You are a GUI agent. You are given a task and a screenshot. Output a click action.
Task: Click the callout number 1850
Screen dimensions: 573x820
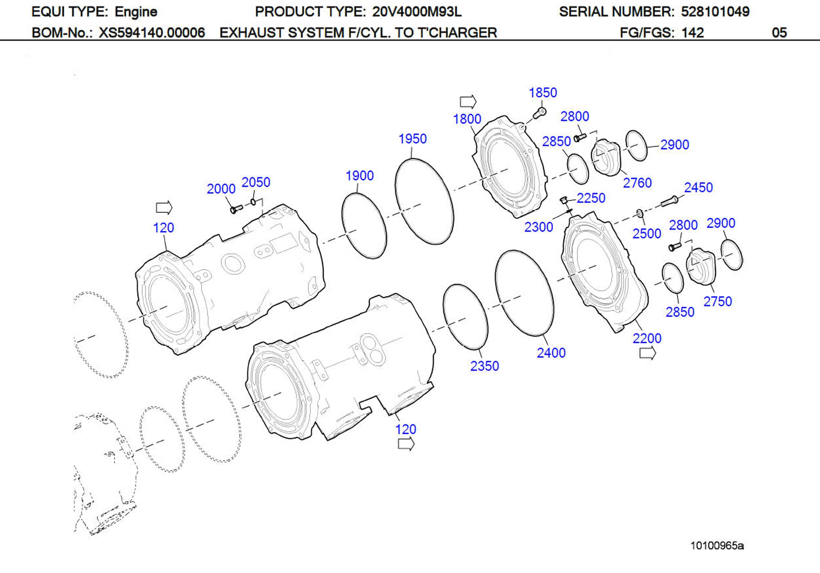(x=543, y=93)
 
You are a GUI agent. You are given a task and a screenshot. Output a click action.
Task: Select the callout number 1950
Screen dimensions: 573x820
(x=413, y=139)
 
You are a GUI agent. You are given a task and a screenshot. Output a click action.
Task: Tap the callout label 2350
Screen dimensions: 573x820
(x=484, y=366)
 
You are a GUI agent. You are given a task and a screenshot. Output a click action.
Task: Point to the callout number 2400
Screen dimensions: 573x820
(x=551, y=353)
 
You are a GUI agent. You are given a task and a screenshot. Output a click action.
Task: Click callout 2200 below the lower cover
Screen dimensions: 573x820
(x=647, y=338)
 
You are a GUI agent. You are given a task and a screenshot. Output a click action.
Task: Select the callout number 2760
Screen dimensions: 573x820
(x=637, y=183)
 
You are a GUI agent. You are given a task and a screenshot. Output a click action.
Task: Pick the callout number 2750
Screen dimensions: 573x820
(x=717, y=301)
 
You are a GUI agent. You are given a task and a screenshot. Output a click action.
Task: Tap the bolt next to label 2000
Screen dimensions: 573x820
(x=236, y=208)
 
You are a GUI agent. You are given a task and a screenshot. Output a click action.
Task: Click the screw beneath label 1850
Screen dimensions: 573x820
(x=540, y=113)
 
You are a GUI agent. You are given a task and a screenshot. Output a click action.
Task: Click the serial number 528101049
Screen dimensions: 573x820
(x=715, y=12)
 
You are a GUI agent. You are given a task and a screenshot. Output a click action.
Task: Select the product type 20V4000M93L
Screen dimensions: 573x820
(x=417, y=12)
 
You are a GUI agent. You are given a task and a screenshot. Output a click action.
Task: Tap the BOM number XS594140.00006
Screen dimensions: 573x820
(x=152, y=33)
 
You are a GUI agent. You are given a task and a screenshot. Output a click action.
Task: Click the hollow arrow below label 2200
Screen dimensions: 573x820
(x=647, y=354)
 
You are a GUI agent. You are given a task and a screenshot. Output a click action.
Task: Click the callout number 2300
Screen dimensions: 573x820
(x=538, y=227)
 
